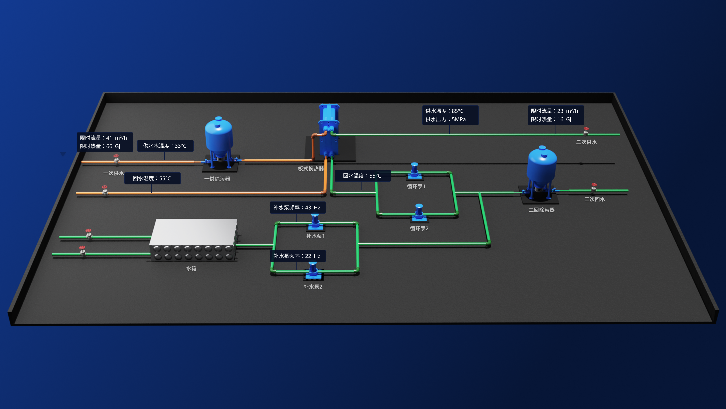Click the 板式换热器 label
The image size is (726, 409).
pos(311,169)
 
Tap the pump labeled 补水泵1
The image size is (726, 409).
pos(315,221)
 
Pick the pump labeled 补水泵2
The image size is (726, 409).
pos(313,270)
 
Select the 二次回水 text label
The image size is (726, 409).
pos(594,199)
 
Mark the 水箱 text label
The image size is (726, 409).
pos(191,269)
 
